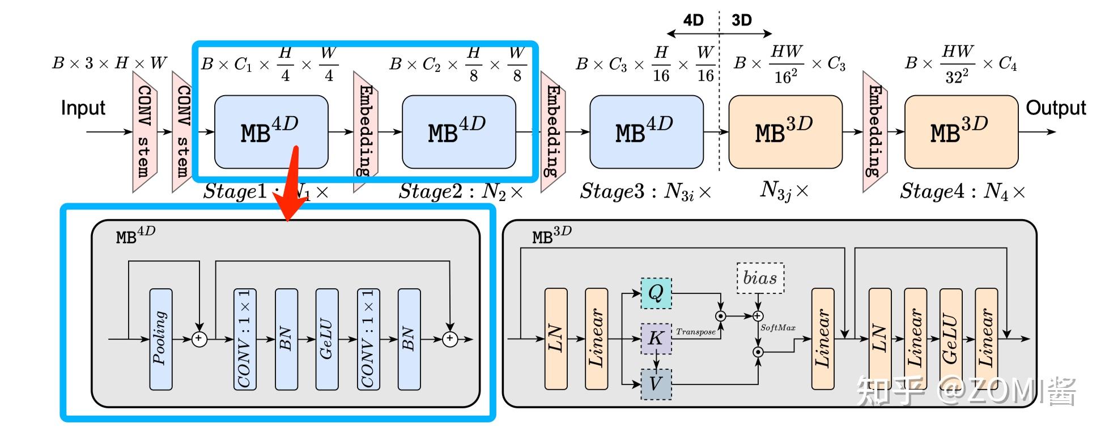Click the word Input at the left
83,108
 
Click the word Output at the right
1055,108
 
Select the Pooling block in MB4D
160,339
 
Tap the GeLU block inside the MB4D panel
326,339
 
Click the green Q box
656,293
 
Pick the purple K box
656,339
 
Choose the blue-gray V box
656,384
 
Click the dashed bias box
760,278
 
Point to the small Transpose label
695,332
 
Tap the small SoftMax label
777,328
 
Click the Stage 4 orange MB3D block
961,132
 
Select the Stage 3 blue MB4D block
646,132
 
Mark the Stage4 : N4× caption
962,191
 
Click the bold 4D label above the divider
693,20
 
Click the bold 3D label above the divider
741,20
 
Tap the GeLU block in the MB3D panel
950,339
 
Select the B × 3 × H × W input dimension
109,63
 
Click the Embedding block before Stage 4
874,131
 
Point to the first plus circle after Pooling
199,339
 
